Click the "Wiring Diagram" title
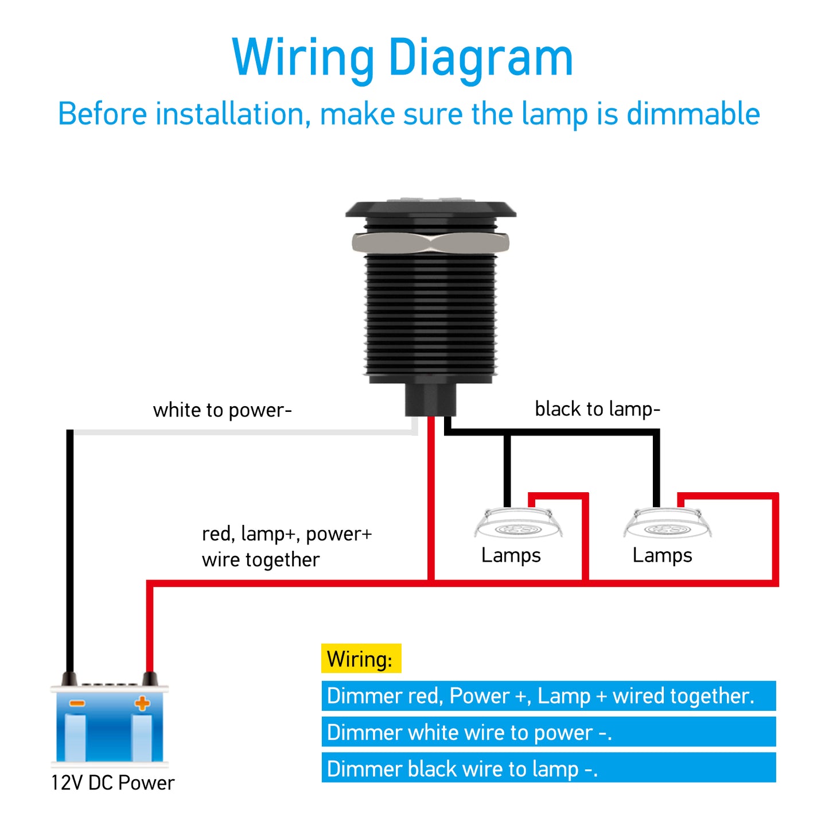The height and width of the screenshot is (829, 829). pos(402,57)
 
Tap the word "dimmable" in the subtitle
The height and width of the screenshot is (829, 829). pos(693,114)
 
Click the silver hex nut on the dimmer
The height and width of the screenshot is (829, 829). pos(430,243)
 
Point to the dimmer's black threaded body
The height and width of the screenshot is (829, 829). pos(430,316)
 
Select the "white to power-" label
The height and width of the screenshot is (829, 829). pos(223,410)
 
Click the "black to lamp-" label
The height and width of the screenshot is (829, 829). pos(597,409)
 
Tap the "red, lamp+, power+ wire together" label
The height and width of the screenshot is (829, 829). pos(287,546)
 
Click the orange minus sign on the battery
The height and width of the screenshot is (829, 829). pos(77,703)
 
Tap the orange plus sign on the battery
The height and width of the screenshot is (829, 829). pos(142,703)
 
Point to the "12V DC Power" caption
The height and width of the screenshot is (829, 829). pos(112,783)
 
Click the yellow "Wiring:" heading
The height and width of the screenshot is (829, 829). pos(360,659)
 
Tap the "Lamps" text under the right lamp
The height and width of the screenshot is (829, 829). pos(662,555)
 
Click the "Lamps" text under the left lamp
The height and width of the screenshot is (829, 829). pos(511,555)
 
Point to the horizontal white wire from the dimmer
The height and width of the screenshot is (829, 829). pos(241,432)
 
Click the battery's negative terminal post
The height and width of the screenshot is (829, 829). pos(69,679)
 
